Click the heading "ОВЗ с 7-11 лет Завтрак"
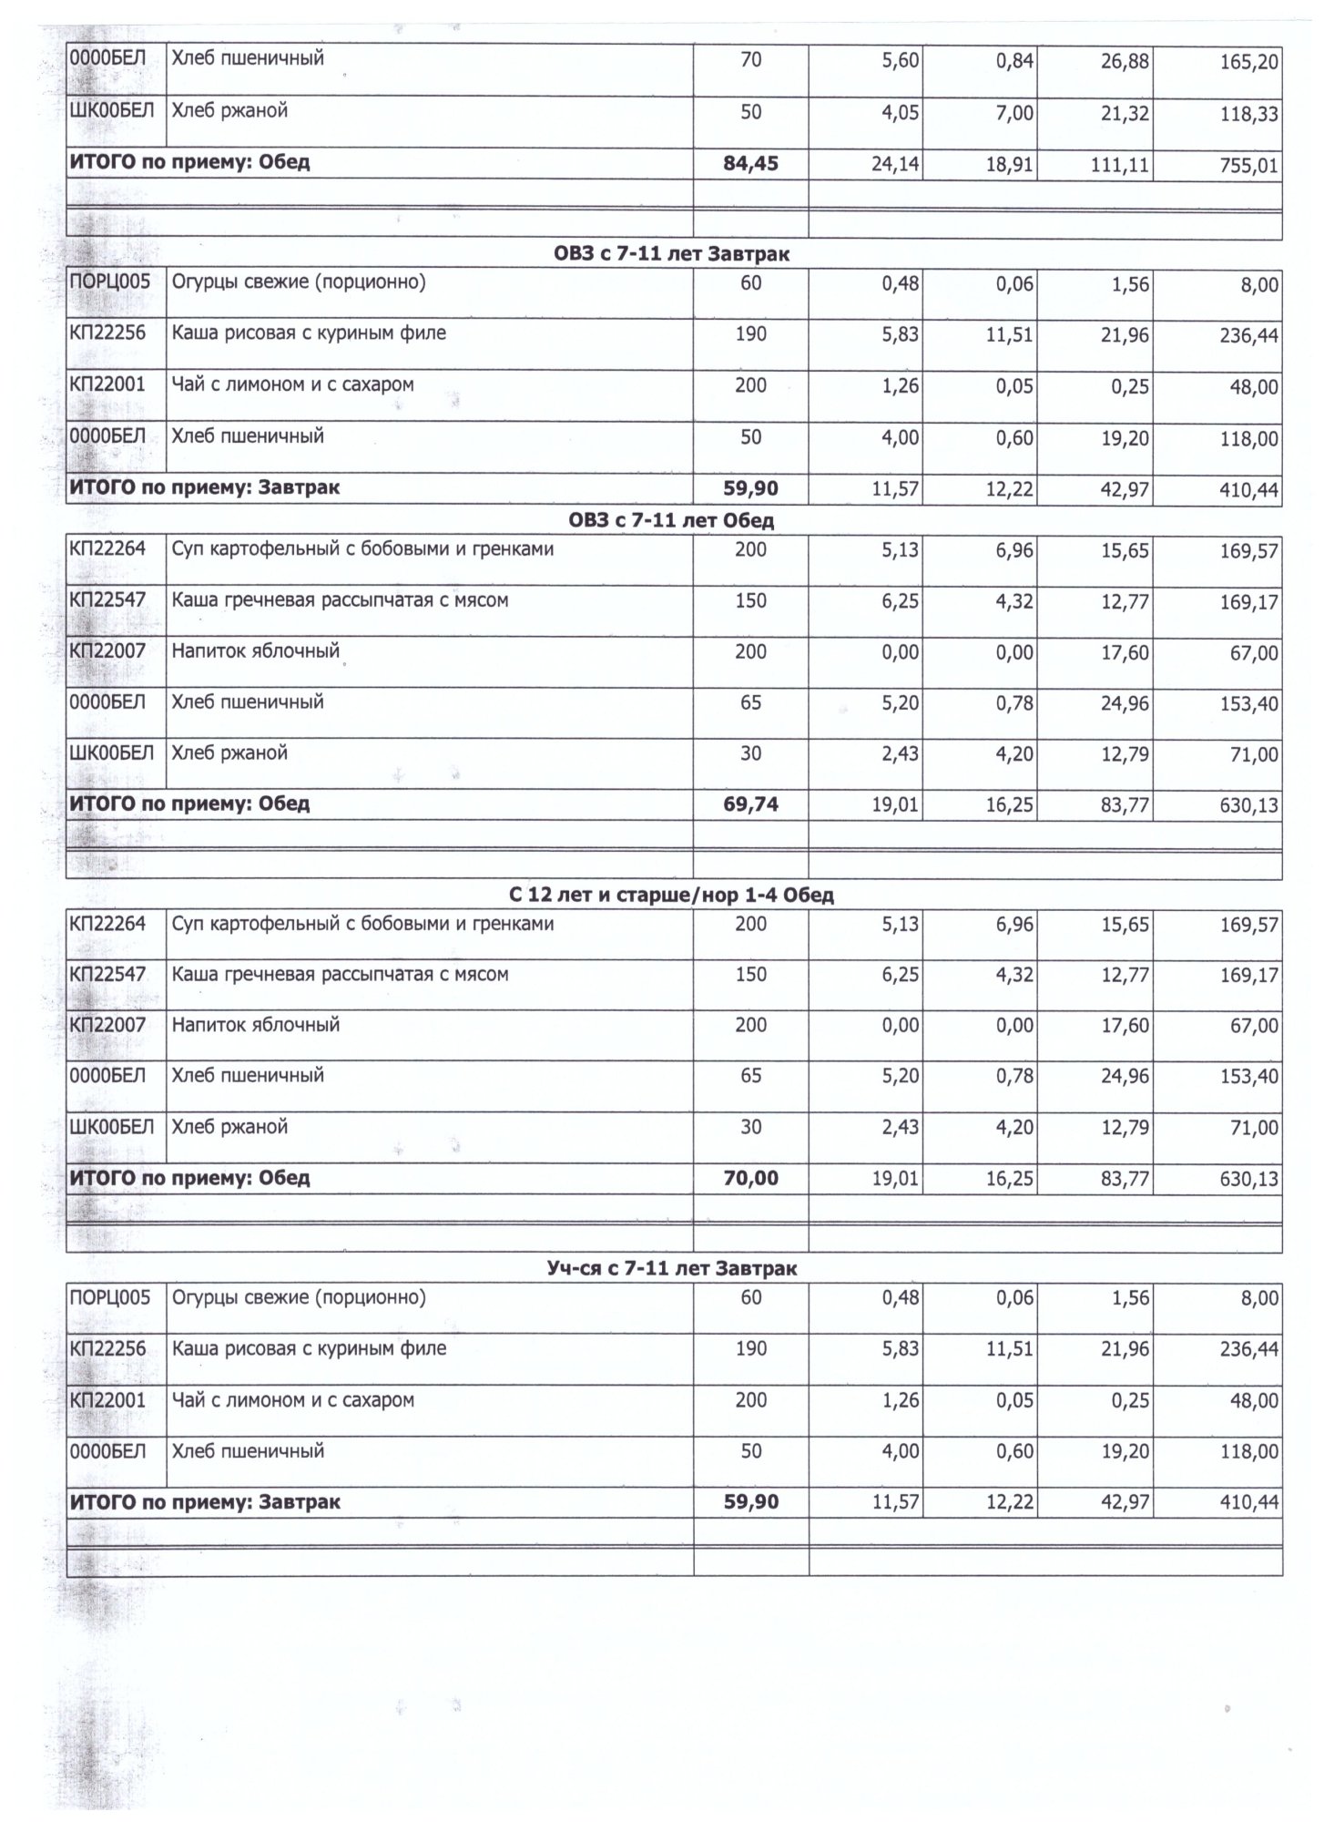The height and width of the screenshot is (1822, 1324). [671, 254]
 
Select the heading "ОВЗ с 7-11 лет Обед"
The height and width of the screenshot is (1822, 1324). [671, 521]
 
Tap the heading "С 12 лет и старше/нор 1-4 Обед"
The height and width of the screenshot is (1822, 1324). [671, 895]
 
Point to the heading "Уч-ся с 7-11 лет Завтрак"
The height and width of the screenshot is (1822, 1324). [671, 1268]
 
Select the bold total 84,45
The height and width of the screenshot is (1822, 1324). [750, 164]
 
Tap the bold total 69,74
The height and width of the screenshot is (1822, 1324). [750, 804]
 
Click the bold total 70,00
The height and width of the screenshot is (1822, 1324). [750, 1178]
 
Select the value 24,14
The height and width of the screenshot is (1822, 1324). [895, 167]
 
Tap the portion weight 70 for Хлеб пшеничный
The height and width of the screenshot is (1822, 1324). [750, 61]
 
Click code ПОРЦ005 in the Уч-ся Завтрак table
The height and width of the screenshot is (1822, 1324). [110, 1296]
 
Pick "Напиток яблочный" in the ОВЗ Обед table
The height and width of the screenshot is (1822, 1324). [256, 651]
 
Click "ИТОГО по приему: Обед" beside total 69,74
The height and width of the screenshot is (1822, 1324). [189, 804]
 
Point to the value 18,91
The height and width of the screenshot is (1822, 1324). [1011, 167]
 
